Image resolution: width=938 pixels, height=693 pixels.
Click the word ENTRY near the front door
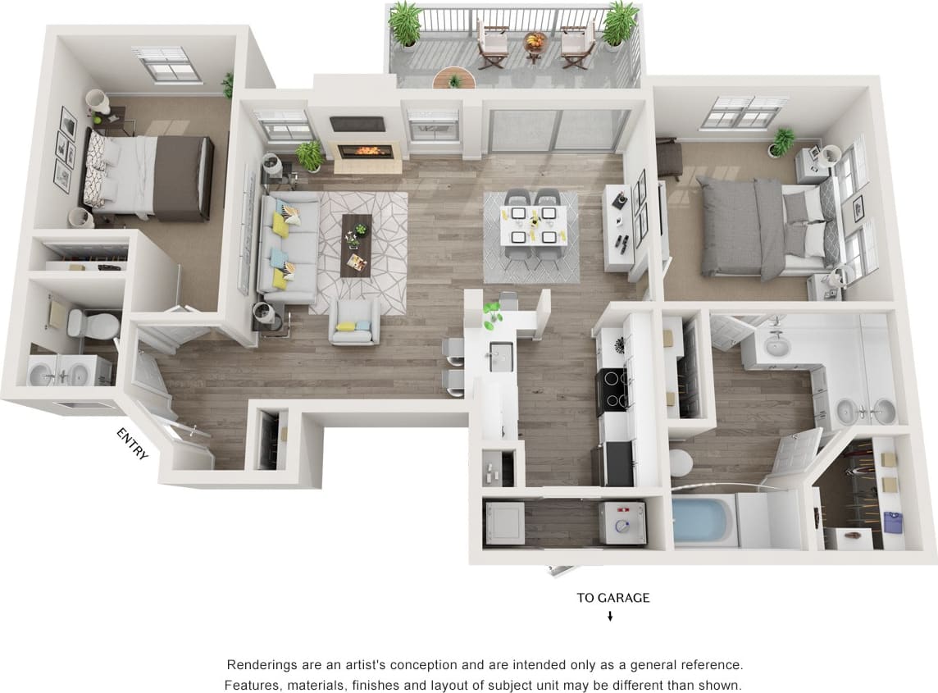(x=132, y=444)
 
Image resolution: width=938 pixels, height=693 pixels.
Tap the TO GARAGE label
(x=612, y=598)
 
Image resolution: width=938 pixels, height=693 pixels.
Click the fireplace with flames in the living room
(x=365, y=151)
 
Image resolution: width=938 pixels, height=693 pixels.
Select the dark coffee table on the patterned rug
(x=356, y=244)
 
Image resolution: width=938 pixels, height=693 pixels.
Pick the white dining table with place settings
(x=534, y=226)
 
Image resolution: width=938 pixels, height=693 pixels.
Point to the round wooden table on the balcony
(x=453, y=79)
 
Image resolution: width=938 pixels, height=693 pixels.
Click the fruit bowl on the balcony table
(x=535, y=39)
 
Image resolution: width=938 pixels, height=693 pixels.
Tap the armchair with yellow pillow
(x=354, y=321)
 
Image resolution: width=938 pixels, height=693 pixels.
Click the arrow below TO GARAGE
(x=610, y=617)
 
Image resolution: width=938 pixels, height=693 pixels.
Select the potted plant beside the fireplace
(x=310, y=154)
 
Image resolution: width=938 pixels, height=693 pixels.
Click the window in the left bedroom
(x=167, y=64)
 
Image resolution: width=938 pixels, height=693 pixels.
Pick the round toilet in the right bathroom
(x=681, y=463)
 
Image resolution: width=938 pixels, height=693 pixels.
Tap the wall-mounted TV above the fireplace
(x=357, y=124)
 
